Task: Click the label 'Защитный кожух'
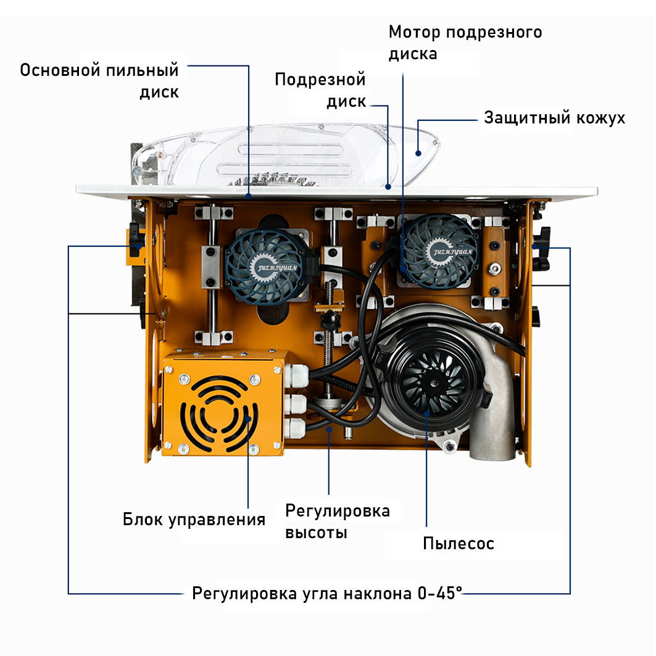554,118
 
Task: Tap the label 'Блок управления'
194,520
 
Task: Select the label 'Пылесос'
459,544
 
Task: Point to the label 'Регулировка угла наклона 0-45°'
327,593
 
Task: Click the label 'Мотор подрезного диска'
465,43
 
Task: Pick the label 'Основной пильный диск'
99,81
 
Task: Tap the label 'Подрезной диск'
320,90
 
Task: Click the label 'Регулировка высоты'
338,521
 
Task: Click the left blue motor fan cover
265,267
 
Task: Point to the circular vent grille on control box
219,413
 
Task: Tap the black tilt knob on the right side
542,248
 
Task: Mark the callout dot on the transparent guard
418,153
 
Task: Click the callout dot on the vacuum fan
426,413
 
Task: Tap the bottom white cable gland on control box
296,429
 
